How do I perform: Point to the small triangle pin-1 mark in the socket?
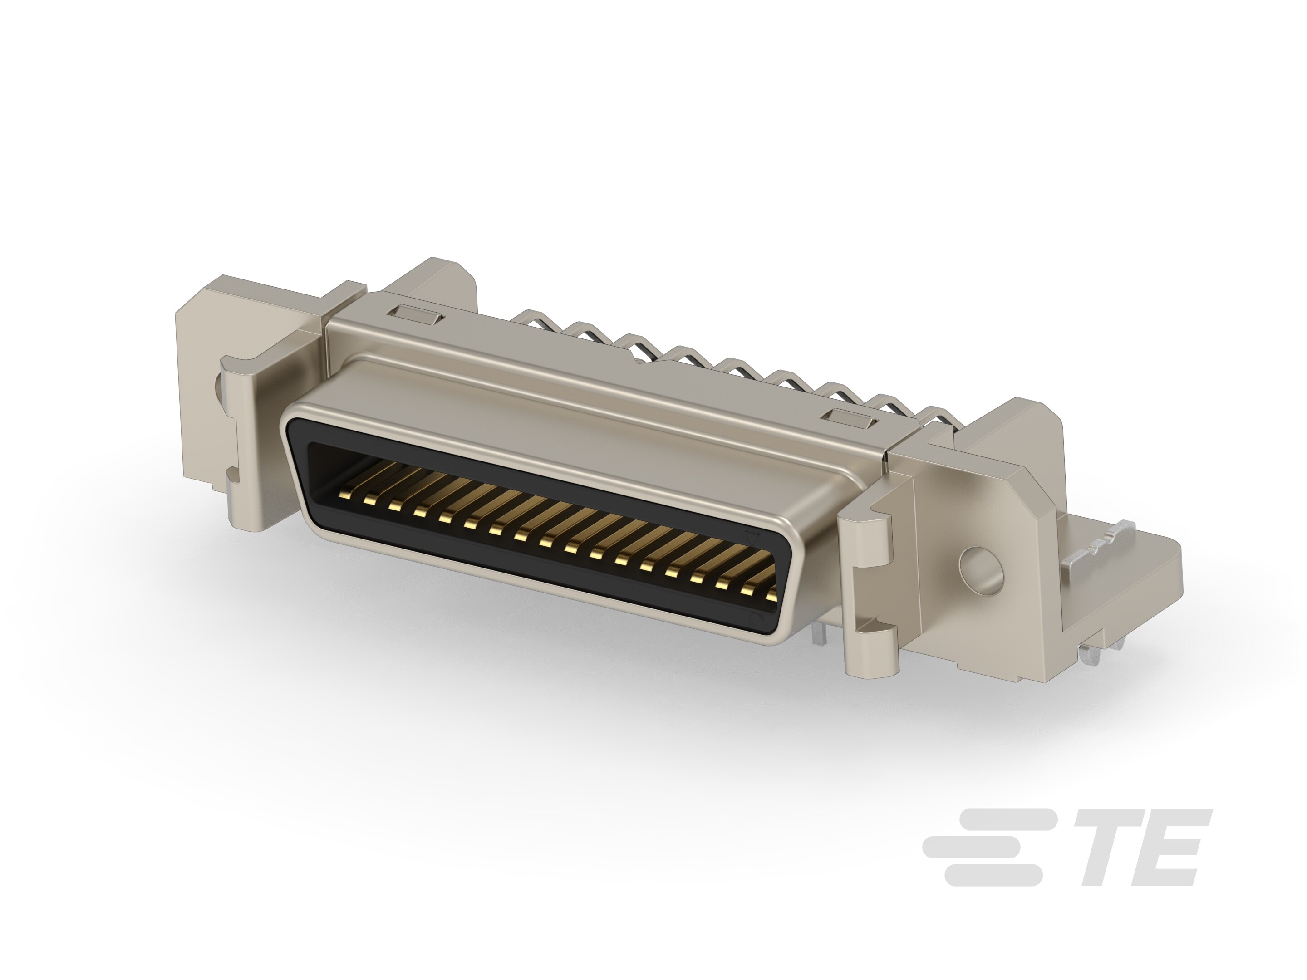[x=752, y=539]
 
